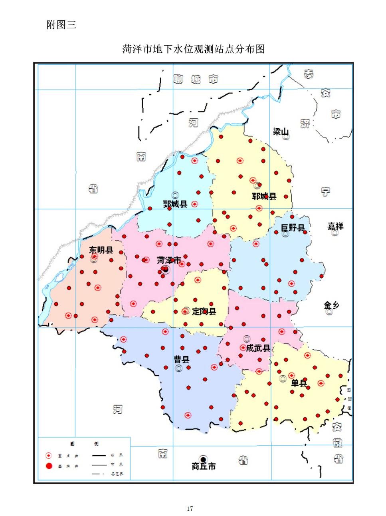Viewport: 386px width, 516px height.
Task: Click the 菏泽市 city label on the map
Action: click(x=168, y=260)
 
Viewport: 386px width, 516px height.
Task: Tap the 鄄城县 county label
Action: click(x=175, y=204)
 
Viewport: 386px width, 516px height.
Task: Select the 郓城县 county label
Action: click(x=264, y=196)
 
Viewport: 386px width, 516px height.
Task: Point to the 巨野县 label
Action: click(x=293, y=227)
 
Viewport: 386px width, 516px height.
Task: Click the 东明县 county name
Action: click(x=101, y=250)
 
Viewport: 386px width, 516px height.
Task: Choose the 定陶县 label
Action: click(x=204, y=311)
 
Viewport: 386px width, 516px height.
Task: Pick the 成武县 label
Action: click(x=258, y=348)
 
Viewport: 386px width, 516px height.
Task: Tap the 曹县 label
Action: click(x=182, y=359)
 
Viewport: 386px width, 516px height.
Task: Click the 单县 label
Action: click(x=299, y=383)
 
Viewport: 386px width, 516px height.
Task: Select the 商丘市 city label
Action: click(x=204, y=466)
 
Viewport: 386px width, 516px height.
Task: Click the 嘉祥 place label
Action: click(x=335, y=226)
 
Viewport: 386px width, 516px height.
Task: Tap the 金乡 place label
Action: click(x=331, y=305)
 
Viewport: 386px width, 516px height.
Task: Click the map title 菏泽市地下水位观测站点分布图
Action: click(x=194, y=49)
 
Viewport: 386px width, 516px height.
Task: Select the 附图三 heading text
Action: click(x=61, y=25)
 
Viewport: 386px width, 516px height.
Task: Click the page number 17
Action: click(x=190, y=508)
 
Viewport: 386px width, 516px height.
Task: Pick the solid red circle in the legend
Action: click(x=49, y=466)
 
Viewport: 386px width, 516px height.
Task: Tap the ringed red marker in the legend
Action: click(x=49, y=455)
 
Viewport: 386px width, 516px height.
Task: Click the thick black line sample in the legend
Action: click(x=99, y=455)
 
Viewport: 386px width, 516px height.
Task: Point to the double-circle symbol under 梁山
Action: click(x=286, y=137)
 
